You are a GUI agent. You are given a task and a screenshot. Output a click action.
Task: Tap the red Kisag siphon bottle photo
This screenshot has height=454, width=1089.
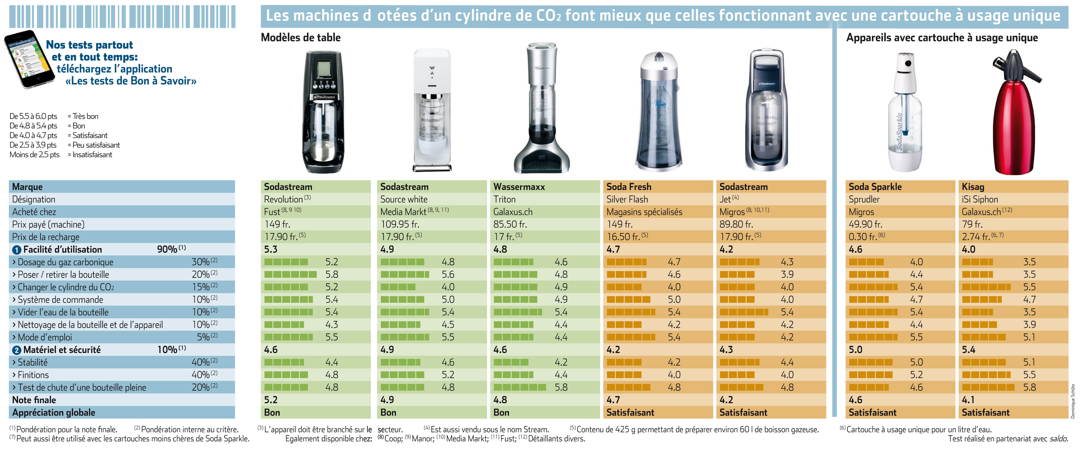point(1014,112)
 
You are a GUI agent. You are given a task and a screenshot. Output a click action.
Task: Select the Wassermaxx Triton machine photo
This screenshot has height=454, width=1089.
point(541,108)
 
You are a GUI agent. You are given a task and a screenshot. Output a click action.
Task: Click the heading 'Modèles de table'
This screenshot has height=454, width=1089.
point(301,38)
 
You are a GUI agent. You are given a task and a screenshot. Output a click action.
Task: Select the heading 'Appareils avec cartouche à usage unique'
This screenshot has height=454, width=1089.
point(942,38)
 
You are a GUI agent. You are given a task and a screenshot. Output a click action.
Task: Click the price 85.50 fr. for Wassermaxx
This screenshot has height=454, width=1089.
point(511,224)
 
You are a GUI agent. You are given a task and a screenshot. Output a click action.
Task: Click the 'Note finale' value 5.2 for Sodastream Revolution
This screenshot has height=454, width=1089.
point(271,400)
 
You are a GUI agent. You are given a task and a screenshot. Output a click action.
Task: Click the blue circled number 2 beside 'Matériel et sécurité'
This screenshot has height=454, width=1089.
point(16,350)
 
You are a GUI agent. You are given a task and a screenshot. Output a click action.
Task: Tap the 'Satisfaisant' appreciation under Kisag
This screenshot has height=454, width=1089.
point(985,413)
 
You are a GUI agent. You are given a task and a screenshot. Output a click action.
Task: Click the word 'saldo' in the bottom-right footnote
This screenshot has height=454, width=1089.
point(1058,439)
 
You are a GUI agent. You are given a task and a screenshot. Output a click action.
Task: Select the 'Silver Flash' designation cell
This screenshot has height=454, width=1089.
point(627,199)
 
